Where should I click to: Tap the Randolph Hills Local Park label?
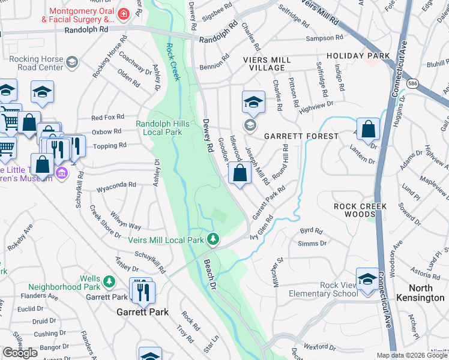point(167,128)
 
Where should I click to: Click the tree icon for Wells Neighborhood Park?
point(109,281)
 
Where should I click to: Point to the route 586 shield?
point(412,83)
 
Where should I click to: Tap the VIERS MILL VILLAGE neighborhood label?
point(267,64)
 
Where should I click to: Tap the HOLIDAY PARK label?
point(358,56)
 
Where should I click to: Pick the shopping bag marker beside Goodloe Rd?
point(240,173)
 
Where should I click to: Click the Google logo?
point(20,352)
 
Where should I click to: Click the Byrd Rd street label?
point(311,230)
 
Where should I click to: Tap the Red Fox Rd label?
point(107,117)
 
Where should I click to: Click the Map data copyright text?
point(412,355)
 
